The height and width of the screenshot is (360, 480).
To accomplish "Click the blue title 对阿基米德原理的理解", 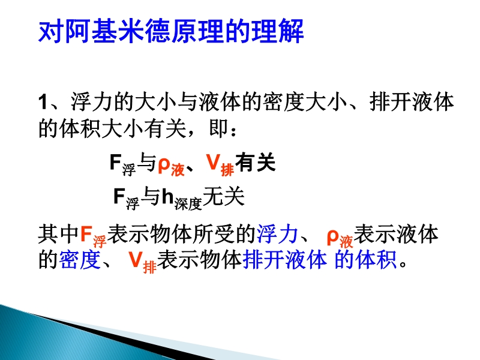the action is (x=171, y=31).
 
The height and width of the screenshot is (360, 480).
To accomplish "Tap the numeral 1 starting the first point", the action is (x=43, y=102).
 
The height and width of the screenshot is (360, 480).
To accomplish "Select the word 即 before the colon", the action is (x=218, y=128).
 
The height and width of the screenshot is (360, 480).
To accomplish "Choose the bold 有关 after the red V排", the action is (x=256, y=162).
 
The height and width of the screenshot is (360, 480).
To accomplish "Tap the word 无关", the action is (x=223, y=196).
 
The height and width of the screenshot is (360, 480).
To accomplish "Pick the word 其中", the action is (x=58, y=234).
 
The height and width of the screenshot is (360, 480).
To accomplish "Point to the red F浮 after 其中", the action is (x=94, y=237).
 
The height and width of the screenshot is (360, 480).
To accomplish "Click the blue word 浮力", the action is (x=277, y=234).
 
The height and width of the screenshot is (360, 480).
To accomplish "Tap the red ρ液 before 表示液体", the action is (x=340, y=238).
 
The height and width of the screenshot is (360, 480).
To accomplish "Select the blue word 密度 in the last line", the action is (x=80, y=260).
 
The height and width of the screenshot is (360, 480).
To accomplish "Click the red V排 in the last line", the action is (x=143, y=262).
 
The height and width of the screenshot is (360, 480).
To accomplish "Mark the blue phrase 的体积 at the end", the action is (x=365, y=260).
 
